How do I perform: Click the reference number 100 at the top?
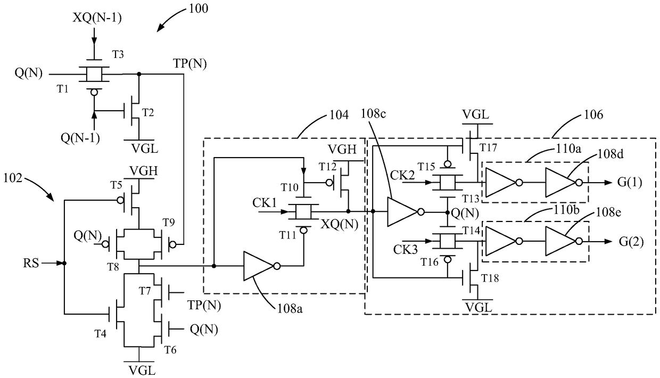coord(199,8)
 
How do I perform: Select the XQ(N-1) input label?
coord(97,18)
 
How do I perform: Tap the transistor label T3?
coord(118,54)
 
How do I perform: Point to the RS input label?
coord(31,263)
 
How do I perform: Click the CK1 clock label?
coord(265,203)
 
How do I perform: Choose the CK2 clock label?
coord(402,175)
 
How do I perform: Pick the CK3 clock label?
coord(406,250)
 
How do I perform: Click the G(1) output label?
coord(630,183)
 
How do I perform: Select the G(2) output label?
coord(631,242)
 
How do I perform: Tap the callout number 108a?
coord(290,308)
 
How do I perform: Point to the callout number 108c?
coord(373,114)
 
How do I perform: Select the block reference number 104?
coord(339,114)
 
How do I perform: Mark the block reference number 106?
coord(593,114)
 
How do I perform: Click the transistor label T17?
coord(489,147)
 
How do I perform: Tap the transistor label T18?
coord(490,278)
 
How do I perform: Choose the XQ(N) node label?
coord(340,225)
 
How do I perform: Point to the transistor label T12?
coord(328,167)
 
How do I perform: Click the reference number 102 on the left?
coord(13,178)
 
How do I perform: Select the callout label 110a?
coord(568,149)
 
